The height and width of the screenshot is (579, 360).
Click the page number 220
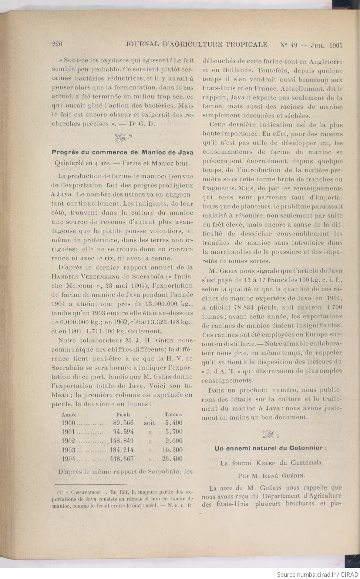pos(57,45)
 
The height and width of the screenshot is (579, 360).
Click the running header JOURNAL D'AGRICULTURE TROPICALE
pos(196,45)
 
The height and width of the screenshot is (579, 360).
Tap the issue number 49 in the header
pos(293,45)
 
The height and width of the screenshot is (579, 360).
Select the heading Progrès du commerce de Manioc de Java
pos(122,152)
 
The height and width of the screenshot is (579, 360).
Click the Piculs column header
pos(123,414)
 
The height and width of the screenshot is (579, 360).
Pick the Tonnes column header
pos(173,414)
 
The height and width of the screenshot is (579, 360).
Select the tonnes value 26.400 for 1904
pos(172,459)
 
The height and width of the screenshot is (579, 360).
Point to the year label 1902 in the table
pos(68,441)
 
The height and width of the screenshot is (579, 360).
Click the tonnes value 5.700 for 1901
pos(174,432)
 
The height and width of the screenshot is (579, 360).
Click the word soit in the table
pos(149,423)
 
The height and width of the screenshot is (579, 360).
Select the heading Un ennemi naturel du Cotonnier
pos(270,448)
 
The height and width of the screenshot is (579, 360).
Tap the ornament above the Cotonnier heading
pos(271,434)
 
